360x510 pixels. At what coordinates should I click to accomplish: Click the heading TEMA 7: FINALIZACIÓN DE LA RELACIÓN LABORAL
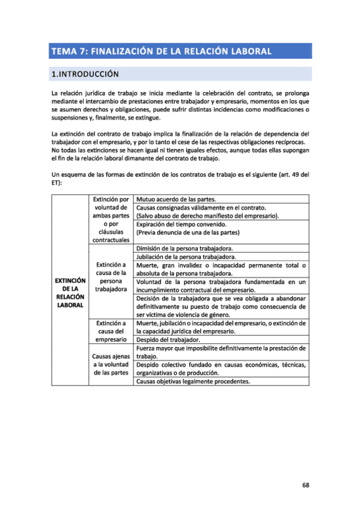161,51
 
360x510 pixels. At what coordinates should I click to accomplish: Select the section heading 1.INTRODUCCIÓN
85,75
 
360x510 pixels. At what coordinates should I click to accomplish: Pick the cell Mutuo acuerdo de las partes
175,199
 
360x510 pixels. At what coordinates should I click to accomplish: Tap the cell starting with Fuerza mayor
221,352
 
